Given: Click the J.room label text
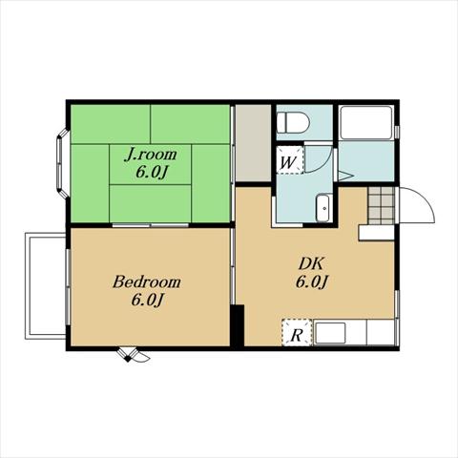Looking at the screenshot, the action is [150, 155].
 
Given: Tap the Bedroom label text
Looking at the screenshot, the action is [147, 282].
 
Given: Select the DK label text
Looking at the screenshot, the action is [311, 264].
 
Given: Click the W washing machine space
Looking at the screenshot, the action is [289, 160].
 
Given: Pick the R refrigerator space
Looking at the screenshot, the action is [297, 332].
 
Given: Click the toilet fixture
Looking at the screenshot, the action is [293, 123].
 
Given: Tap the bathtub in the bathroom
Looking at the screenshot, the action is [365, 122].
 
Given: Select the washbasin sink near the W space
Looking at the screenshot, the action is [324, 207].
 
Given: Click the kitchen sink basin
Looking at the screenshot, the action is [330, 333].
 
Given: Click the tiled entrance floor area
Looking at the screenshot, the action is [382, 205].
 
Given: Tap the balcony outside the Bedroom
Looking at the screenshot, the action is [46, 285].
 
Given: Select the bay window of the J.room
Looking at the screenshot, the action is [62, 163].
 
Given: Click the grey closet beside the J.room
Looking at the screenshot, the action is [253, 143].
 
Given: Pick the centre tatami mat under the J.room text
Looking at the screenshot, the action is [150, 164].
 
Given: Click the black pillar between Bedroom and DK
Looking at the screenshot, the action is [237, 325].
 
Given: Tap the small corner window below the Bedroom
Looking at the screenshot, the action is [133, 354].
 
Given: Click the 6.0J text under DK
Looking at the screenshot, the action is [312, 281].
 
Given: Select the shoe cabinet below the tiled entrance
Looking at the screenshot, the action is [377, 233].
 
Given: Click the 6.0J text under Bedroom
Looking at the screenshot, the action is [147, 300].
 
